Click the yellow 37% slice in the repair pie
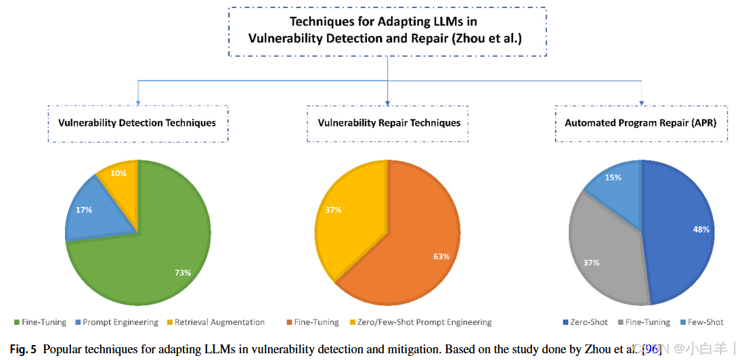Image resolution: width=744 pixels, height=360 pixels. point(345,217)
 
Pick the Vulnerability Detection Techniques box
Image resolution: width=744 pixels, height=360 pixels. point(137,123)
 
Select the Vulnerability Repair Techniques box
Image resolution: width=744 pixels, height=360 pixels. point(389,123)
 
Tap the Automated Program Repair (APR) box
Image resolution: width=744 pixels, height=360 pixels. point(640,123)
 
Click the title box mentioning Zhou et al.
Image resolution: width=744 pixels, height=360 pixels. point(387,31)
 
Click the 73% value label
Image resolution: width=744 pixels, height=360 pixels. point(182,273)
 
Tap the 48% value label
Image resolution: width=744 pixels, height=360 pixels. point(701,229)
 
